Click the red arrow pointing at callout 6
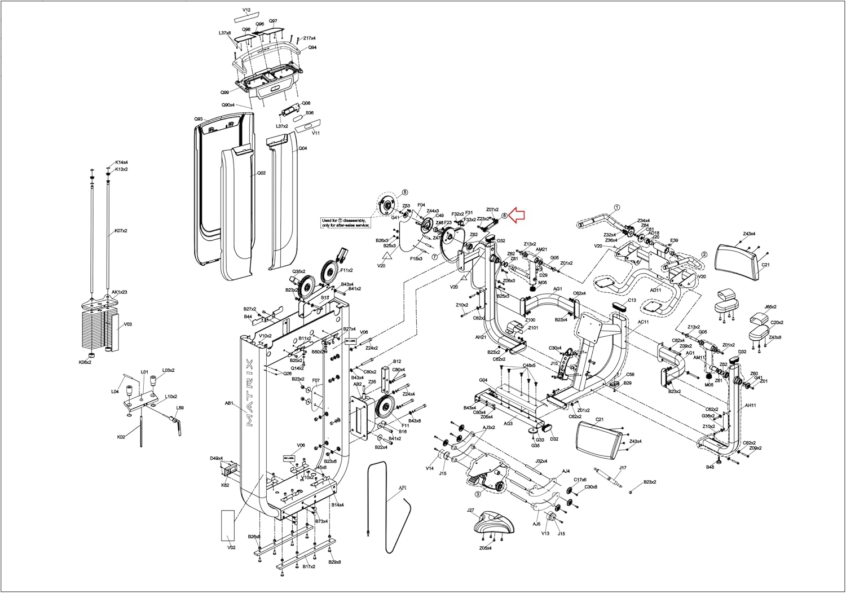click(517, 215)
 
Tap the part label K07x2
click(121, 231)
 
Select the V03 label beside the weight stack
click(128, 324)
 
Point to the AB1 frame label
click(229, 403)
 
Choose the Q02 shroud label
click(261, 173)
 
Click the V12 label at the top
click(246, 10)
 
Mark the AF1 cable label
click(403, 487)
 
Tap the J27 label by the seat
click(471, 510)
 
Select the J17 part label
click(623, 468)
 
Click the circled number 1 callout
click(617, 207)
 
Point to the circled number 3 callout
click(478, 494)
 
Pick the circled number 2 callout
click(704, 254)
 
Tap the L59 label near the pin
click(180, 408)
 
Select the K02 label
click(121, 437)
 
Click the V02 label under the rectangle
click(231, 547)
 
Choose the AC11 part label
click(643, 322)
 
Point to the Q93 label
click(199, 119)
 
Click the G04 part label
click(483, 380)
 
